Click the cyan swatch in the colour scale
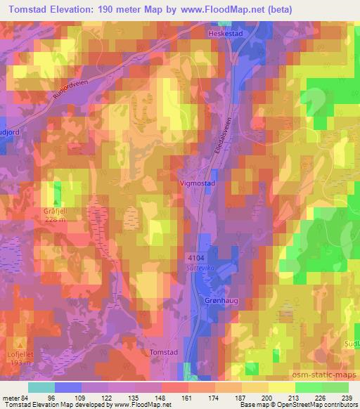point(41,387)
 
